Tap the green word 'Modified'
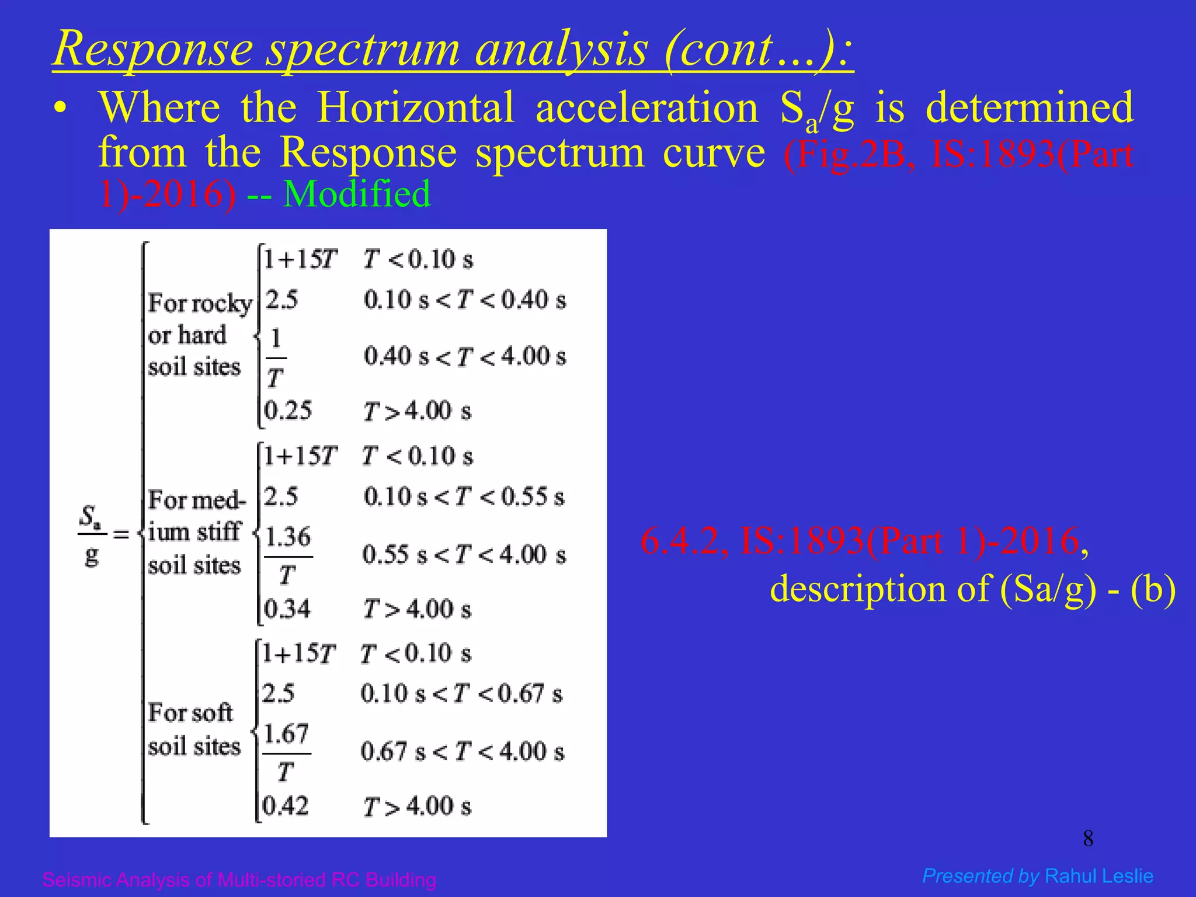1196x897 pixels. (x=357, y=194)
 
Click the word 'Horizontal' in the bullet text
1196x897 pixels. (x=415, y=108)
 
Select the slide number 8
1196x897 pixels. (x=1088, y=839)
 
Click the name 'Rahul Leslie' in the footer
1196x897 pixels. (x=1098, y=876)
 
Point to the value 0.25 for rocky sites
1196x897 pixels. (x=288, y=411)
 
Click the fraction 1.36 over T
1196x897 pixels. (x=288, y=555)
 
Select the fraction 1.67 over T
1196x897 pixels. (x=286, y=752)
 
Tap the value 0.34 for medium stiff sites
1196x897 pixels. (x=287, y=609)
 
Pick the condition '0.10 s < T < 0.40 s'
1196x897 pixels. (x=464, y=300)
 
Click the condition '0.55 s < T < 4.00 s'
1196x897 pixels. (x=464, y=555)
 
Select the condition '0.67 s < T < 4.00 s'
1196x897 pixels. (x=462, y=752)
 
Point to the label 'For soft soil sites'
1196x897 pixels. (x=193, y=729)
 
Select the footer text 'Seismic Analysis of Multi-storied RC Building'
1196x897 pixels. (x=239, y=879)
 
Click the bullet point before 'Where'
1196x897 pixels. (x=60, y=109)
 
